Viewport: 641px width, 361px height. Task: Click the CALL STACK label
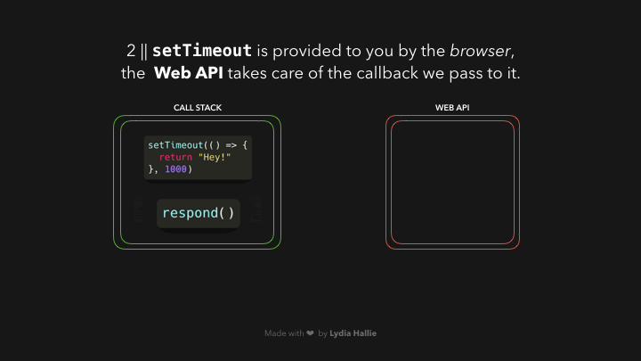click(x=198, y=108)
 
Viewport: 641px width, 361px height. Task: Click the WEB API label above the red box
click(x=452, y=108)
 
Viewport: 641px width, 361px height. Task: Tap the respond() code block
click(x=199, y=213)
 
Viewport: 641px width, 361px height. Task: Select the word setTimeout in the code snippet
click(x=174, y=144)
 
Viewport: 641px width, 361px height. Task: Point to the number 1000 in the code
click(x=175, y=168)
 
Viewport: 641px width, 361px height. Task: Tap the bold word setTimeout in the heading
click(x=202, y=50)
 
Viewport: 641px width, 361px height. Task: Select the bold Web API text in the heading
click(x=189, y=73)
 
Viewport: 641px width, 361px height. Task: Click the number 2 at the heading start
click(x=131, y=50)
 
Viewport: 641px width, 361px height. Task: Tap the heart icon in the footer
click(x=310, y=333)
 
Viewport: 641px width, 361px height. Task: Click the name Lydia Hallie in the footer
click(x=353, y=333)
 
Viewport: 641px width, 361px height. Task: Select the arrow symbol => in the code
click(x=231, y=144)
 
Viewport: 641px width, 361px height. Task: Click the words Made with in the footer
click(x=283, y=333)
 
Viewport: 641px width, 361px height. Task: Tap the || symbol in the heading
click(x=144, y=50)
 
